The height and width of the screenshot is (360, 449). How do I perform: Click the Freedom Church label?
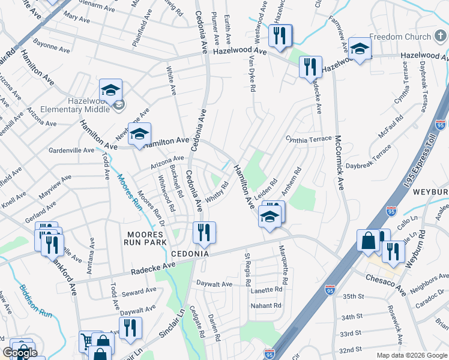coord(400,37)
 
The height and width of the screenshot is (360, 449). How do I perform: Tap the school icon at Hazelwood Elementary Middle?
coord(111,91)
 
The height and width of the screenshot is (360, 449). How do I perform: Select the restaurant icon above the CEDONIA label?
coord(204,232)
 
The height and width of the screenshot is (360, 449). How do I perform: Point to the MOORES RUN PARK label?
coord(144,238)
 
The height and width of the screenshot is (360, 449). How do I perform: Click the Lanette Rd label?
coord(267,290)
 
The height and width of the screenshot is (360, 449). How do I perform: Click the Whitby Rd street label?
coord(217,192)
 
